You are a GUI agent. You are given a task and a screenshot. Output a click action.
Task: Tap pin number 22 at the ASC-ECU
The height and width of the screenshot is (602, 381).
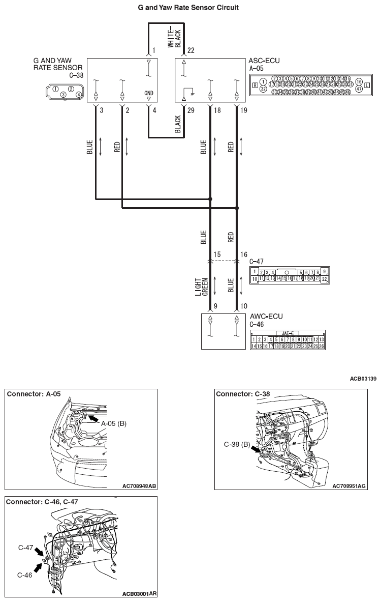(x=190, y=50)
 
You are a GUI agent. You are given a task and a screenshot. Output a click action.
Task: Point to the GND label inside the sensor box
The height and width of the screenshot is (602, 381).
(x=148, y=94)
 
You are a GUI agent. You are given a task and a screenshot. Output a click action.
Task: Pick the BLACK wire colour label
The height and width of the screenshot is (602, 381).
(x=178, y=124)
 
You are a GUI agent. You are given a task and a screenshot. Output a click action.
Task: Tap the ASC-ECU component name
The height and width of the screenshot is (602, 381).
(x=264, y=61)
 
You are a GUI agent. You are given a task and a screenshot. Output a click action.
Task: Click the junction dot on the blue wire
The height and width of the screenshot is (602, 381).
(x=210, y=199)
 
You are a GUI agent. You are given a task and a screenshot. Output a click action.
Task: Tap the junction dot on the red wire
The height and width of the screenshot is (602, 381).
(x=237, y=208)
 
